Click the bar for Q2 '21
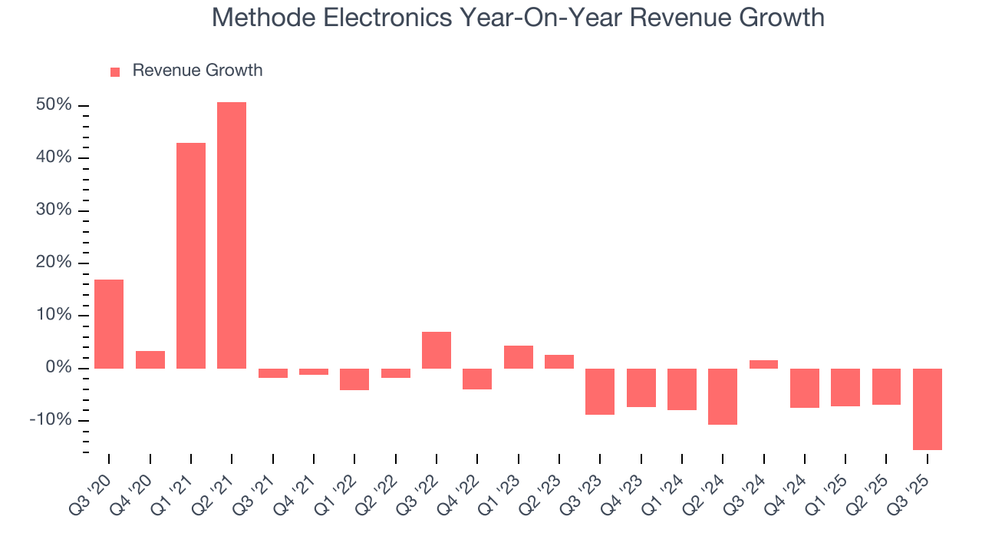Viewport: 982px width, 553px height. coord(232,235)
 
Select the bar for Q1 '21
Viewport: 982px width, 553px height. coord(191,256)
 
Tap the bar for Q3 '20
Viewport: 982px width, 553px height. coord(109,324)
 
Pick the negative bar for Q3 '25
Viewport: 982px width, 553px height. coord(927,409)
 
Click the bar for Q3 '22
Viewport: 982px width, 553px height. coord(437,350)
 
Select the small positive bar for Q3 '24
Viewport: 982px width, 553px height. coord(763,364)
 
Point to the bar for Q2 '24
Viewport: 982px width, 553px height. coord(723,396)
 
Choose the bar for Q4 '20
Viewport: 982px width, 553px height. coord(150,359)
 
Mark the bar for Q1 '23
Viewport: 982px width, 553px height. coord(518,357)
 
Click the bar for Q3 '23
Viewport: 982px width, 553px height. coord(600,392)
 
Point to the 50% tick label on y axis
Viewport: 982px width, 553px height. coord(54,105)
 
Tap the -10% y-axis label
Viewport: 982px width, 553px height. coord(51,420)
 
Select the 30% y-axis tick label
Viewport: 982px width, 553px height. coord(54,210)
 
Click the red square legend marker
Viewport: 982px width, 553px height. coord(115,71)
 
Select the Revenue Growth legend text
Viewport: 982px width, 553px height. coord(197,71)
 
